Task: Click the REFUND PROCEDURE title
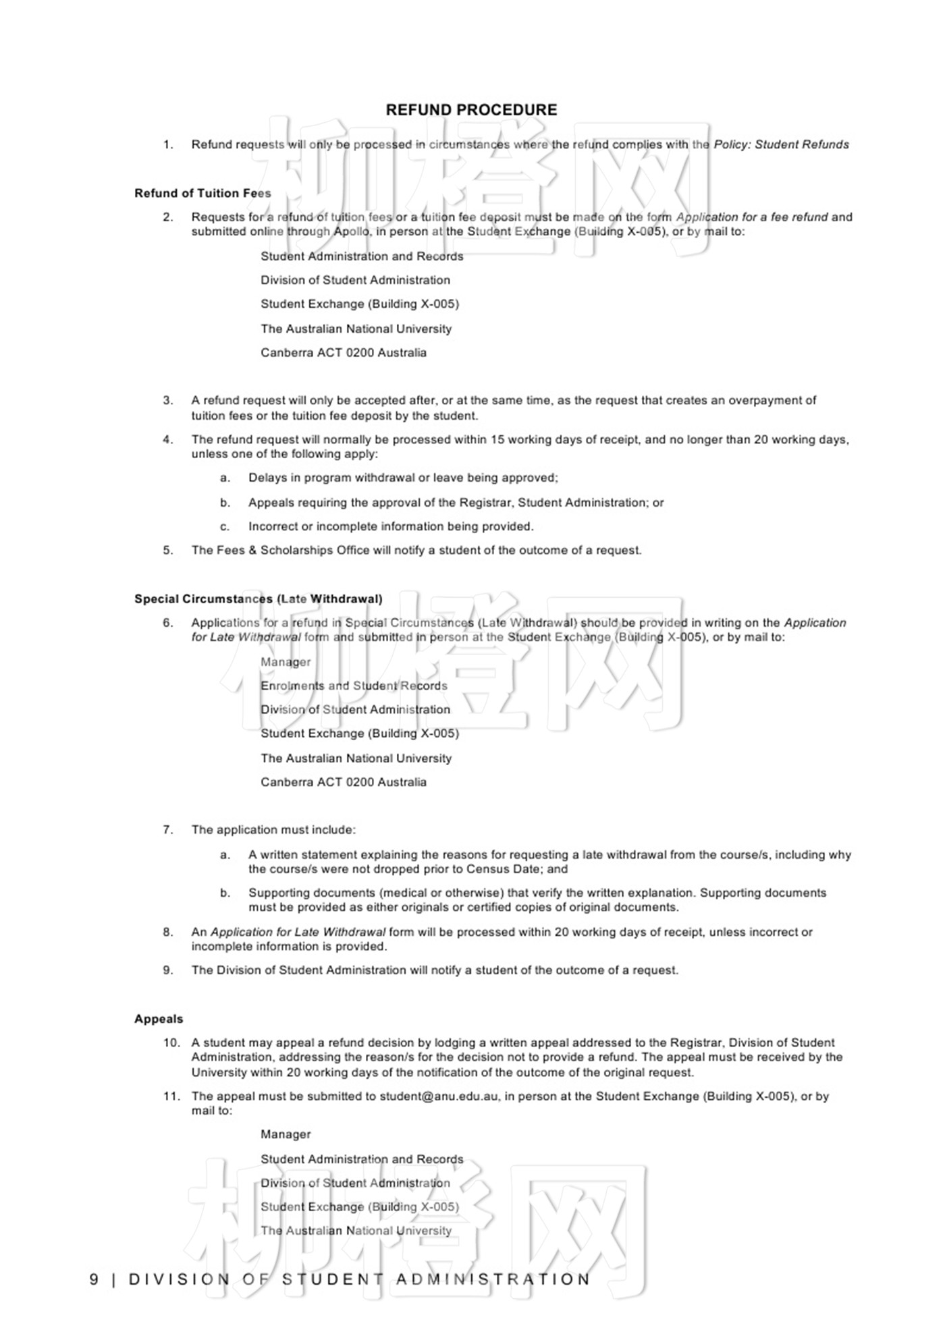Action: [x=471, y=110]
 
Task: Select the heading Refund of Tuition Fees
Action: [x=202, y=194]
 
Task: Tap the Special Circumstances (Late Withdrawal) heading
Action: [x=258, y=599]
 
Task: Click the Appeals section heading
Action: [x=159, y=1019]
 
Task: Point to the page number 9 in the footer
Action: [x=94, y=1279]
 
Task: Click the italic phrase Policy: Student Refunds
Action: [x=781, y=144]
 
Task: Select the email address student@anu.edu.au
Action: [x=439, y=1096]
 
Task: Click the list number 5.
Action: [x=168, y=551]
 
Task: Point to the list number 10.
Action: [x=171, y=1042]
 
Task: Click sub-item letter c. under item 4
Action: [x=225, y=527]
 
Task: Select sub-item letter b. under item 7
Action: [x=225, y=893]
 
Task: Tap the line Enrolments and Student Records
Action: [x=354, y=686]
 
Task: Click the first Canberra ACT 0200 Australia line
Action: [x=344, y=353]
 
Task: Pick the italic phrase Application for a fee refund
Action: [x=752, y=217]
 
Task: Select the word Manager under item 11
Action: [x=286, y=1135]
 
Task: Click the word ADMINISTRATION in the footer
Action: [x=493, y=1279]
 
